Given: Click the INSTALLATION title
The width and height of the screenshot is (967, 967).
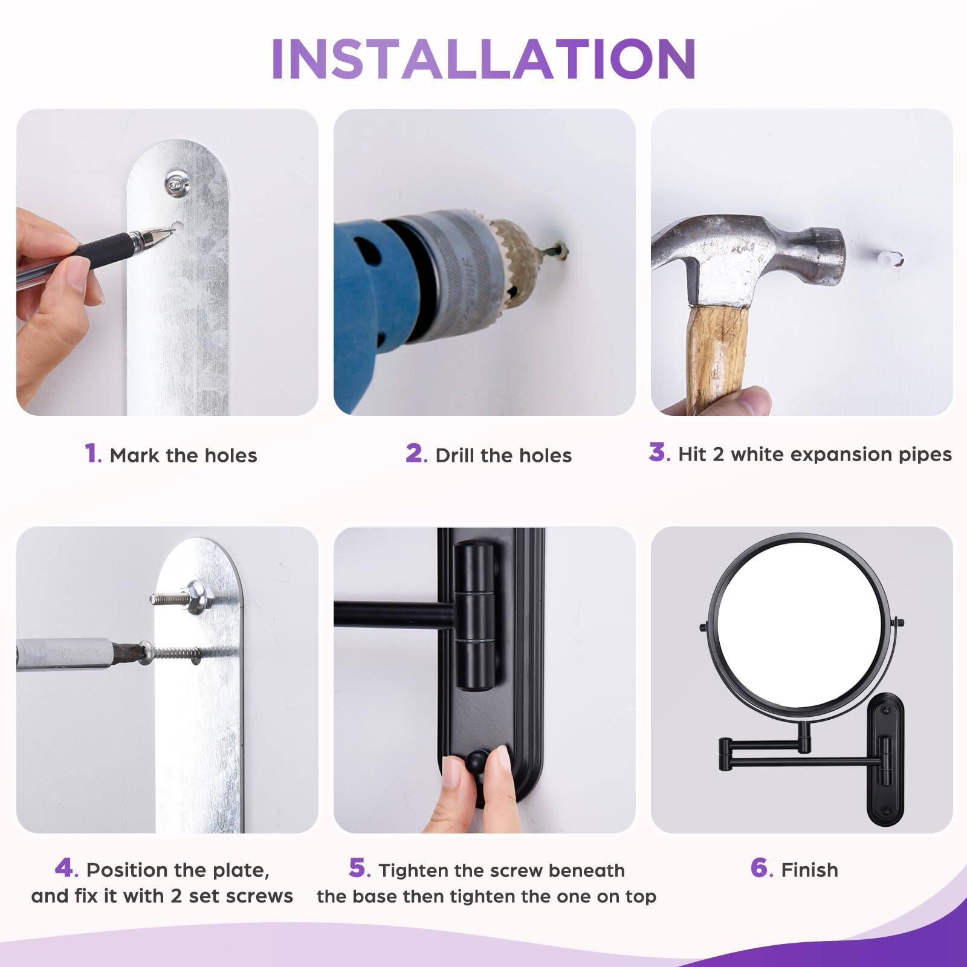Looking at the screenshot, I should (483, 59).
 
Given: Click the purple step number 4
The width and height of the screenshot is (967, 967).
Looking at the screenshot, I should (65, 868).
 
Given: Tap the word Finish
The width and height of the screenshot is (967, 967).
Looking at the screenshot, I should (809, 870).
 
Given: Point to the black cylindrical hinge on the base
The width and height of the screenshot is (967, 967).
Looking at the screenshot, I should (476, 616).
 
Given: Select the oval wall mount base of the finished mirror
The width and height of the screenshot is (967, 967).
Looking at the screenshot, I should (886, 762).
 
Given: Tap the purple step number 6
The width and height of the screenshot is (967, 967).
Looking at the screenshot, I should (761, 868).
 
